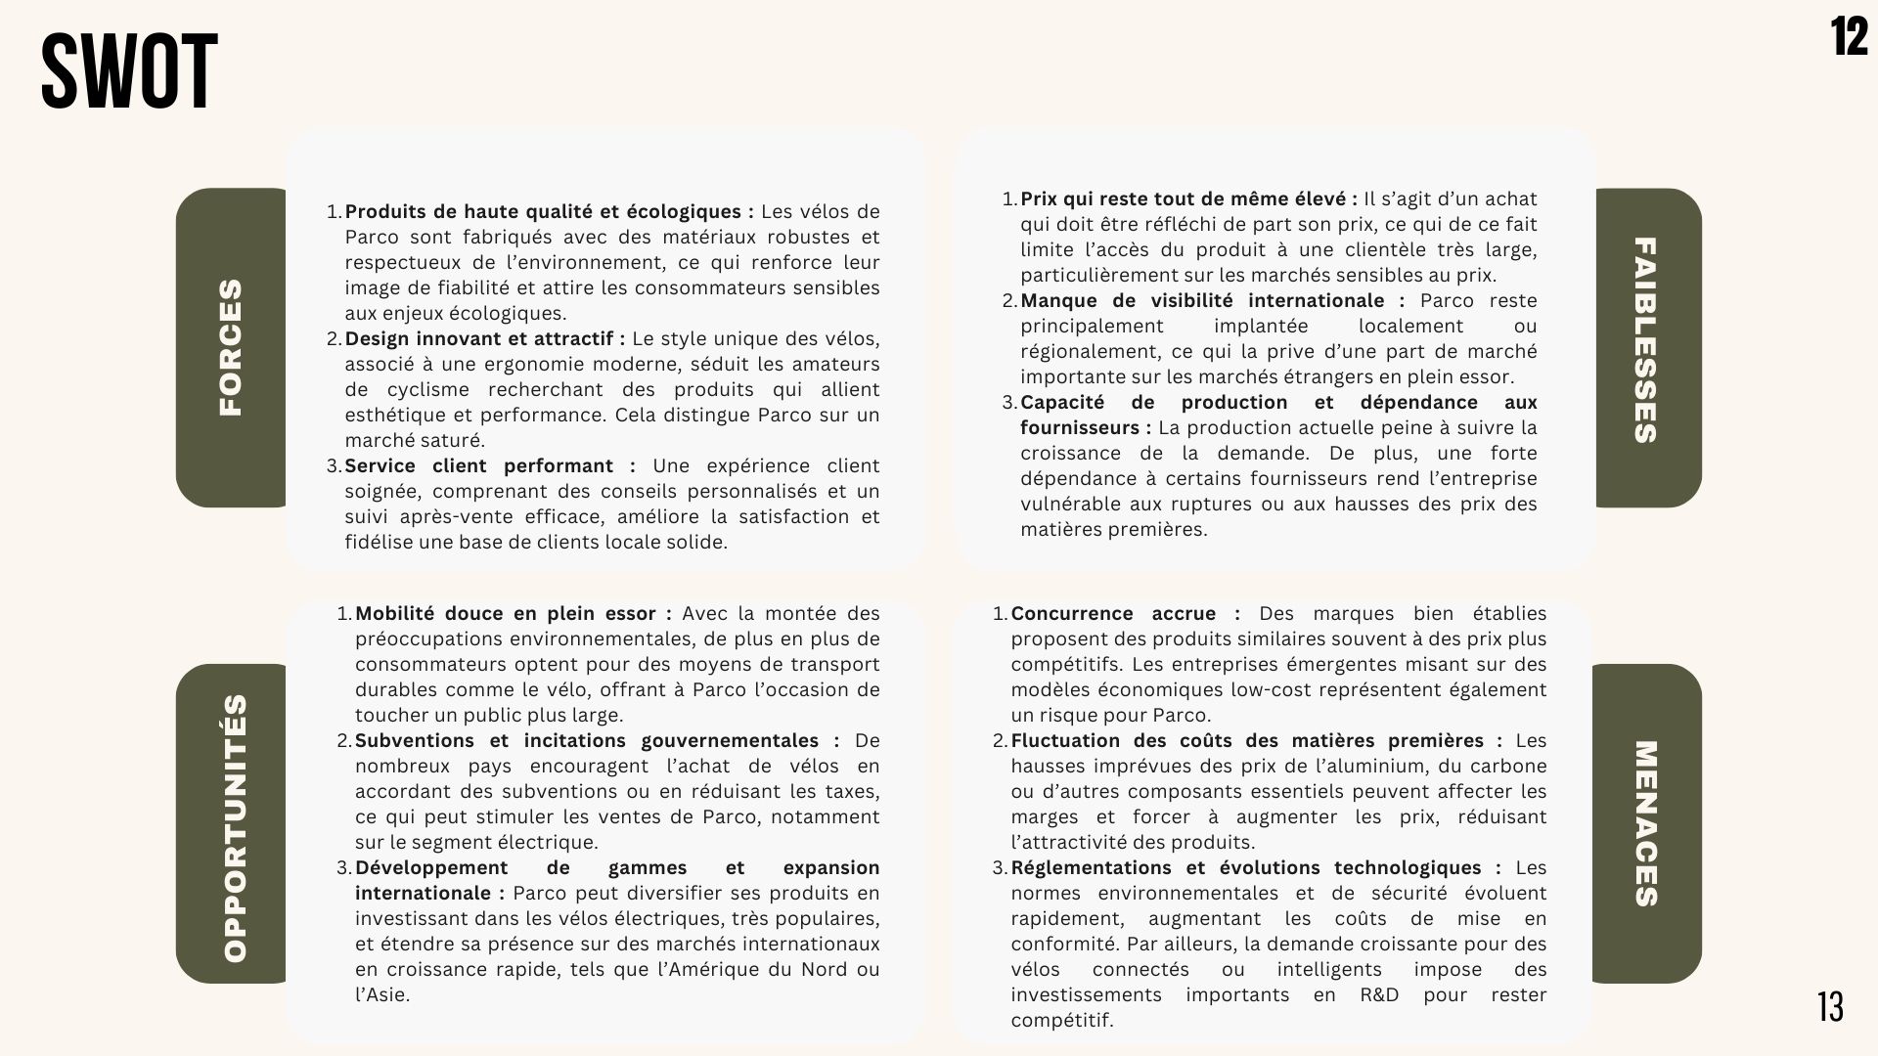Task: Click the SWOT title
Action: click(129, 71)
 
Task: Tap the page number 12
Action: click(1849, 38)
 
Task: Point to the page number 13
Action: click(1830, 1007)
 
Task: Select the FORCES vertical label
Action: click(231, 347)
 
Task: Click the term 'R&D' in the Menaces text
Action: click(1379, 995)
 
